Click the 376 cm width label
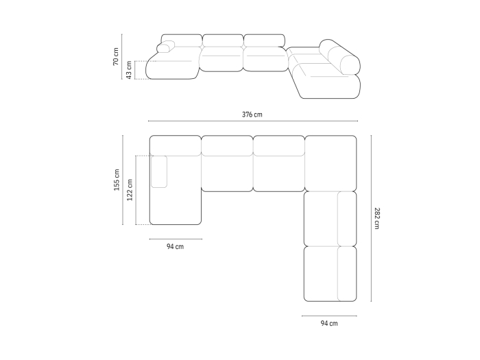pyautogui.click(x=252, y=115)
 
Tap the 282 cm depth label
pyautogui.click(x=377, y=218)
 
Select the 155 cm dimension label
pyautogui.click(x=117, y=180)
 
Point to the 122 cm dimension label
pyautogui.click(x=130, y=190)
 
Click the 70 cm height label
pyautogui.click(x=116, y=56)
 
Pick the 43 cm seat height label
pyautogui.click(x=129, y=70)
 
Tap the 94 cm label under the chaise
pyautogui.click(x=175, y=246)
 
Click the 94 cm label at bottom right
pyautogui.click(x=329, y=323)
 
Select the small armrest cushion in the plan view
pyautogui.click(x=159, y=171)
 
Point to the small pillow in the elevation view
pyautogui.click(x=166, y=47)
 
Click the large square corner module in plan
pyautogui.click(x=331, y=163)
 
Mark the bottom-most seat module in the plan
pyautogui.click(x=331, y=274)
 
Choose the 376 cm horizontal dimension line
pyautogui.click(x=253, y=121)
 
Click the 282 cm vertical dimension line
pyautogui.click(x=372, y=218)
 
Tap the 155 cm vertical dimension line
pyautogui.click(x=123, y=180)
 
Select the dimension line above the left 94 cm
pyautogui.click(x=176, y=239)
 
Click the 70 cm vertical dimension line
pyautogui.click(x=121, y=57)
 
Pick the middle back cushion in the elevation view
pyautogui.click(x=223, y=40)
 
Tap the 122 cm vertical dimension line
pyautogui.click(x=136, y=190)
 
